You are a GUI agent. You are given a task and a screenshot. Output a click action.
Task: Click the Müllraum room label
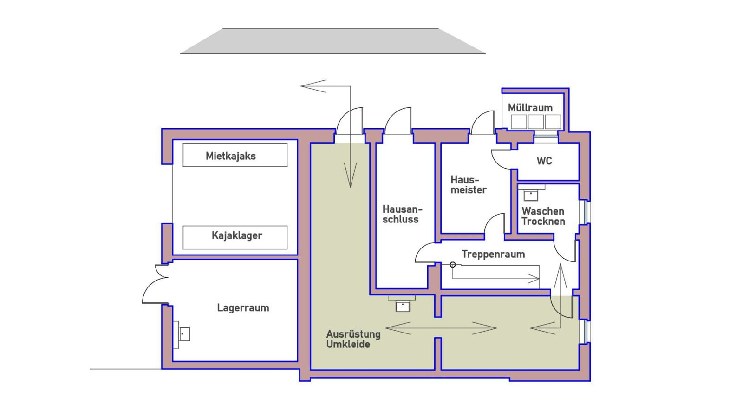point(530,108)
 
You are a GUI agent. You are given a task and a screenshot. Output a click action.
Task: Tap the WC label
point(544,161)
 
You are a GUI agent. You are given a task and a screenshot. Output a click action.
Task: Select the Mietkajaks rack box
point(235,155)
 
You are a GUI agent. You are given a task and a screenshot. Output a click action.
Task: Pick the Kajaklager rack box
point(235,237)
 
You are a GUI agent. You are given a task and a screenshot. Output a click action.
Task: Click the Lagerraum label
point(243,308)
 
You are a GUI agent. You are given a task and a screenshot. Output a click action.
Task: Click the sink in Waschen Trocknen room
point(531,195)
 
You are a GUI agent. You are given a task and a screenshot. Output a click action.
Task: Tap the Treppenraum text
point(493,254)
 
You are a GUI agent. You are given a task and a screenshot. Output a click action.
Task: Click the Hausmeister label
point(468,185)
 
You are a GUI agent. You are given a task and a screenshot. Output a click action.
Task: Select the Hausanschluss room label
point(402,214)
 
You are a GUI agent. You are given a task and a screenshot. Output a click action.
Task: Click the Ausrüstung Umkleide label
point(353,339)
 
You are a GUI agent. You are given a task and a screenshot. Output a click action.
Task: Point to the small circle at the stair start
point(453,265)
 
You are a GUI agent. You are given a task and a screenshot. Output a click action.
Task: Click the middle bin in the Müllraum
point(535,122)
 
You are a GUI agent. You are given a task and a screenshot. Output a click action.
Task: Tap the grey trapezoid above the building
point(332,41)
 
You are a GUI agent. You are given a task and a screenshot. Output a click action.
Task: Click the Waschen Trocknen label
point(543,216)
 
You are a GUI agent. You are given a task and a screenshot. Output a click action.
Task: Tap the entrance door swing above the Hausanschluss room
point(398,121)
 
